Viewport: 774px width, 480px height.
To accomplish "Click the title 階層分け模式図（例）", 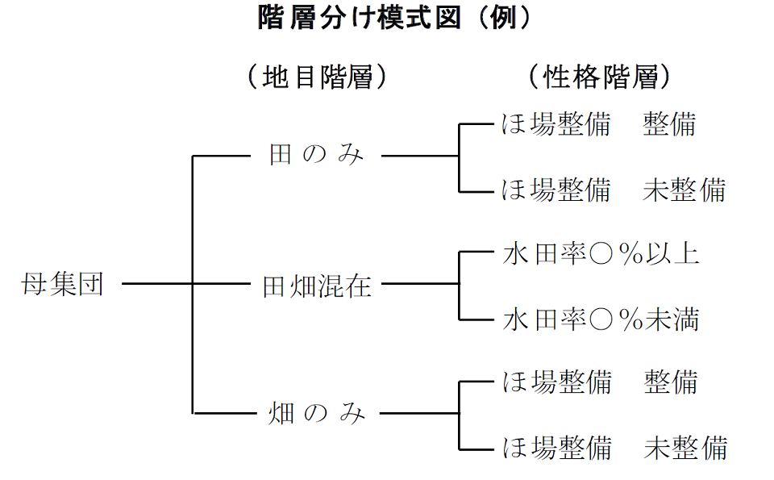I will click(394, 18).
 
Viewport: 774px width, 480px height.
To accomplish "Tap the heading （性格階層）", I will click(599, 77).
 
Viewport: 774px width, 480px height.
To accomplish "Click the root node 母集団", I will click(63, 285).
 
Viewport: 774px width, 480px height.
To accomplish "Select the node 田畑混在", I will click(318, 285).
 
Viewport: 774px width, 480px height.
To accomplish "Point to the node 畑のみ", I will click(316, 414).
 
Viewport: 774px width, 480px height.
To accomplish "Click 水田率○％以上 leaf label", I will click(601, 254).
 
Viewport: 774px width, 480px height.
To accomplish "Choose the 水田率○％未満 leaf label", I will click(601, 319).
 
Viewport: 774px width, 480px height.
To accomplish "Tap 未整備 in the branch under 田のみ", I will click(685, 190).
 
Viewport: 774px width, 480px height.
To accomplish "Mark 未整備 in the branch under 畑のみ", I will click(685, 447).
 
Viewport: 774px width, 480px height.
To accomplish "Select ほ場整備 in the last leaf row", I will click(556, 447).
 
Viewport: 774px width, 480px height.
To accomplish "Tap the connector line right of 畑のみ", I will click(419, 414).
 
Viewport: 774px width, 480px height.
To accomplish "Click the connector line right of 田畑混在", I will click(419, 284).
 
